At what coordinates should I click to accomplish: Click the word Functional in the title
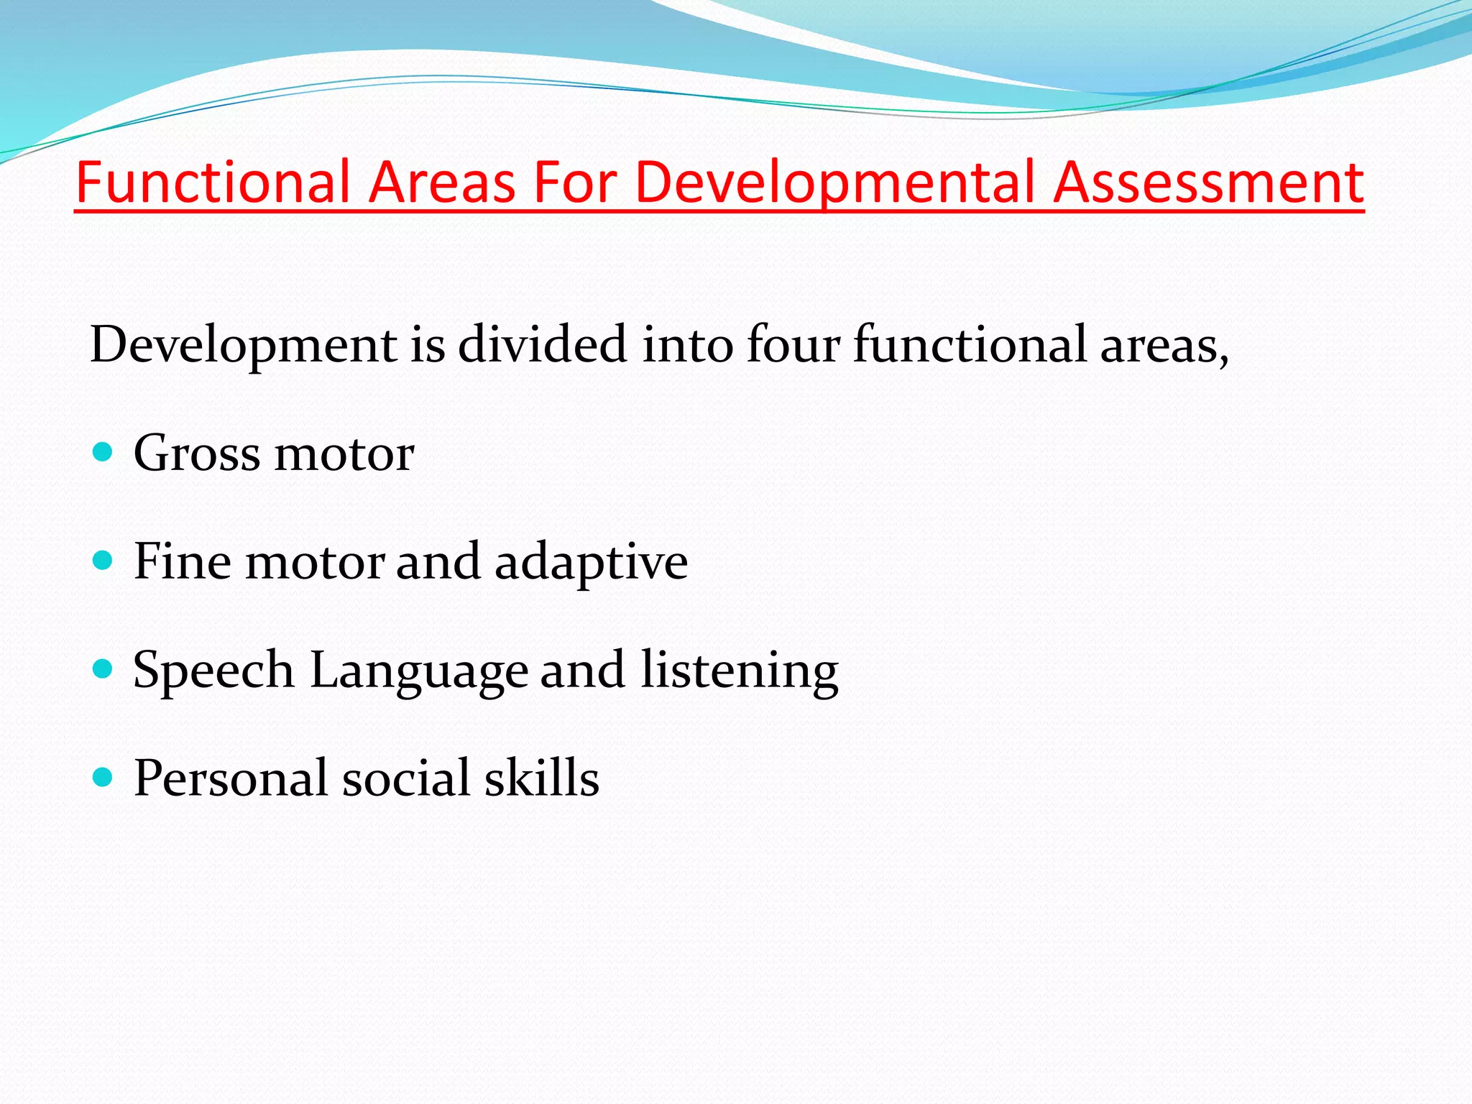[213, 182]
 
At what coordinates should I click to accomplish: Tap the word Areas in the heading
[442, 182]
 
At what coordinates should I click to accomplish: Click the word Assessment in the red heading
[1208, 182]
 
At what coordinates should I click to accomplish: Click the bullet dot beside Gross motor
[103, 452]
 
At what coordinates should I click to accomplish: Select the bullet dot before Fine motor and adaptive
[103, 560]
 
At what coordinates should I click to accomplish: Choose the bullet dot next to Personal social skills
[103, 777]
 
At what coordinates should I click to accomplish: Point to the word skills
[541, 778]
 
